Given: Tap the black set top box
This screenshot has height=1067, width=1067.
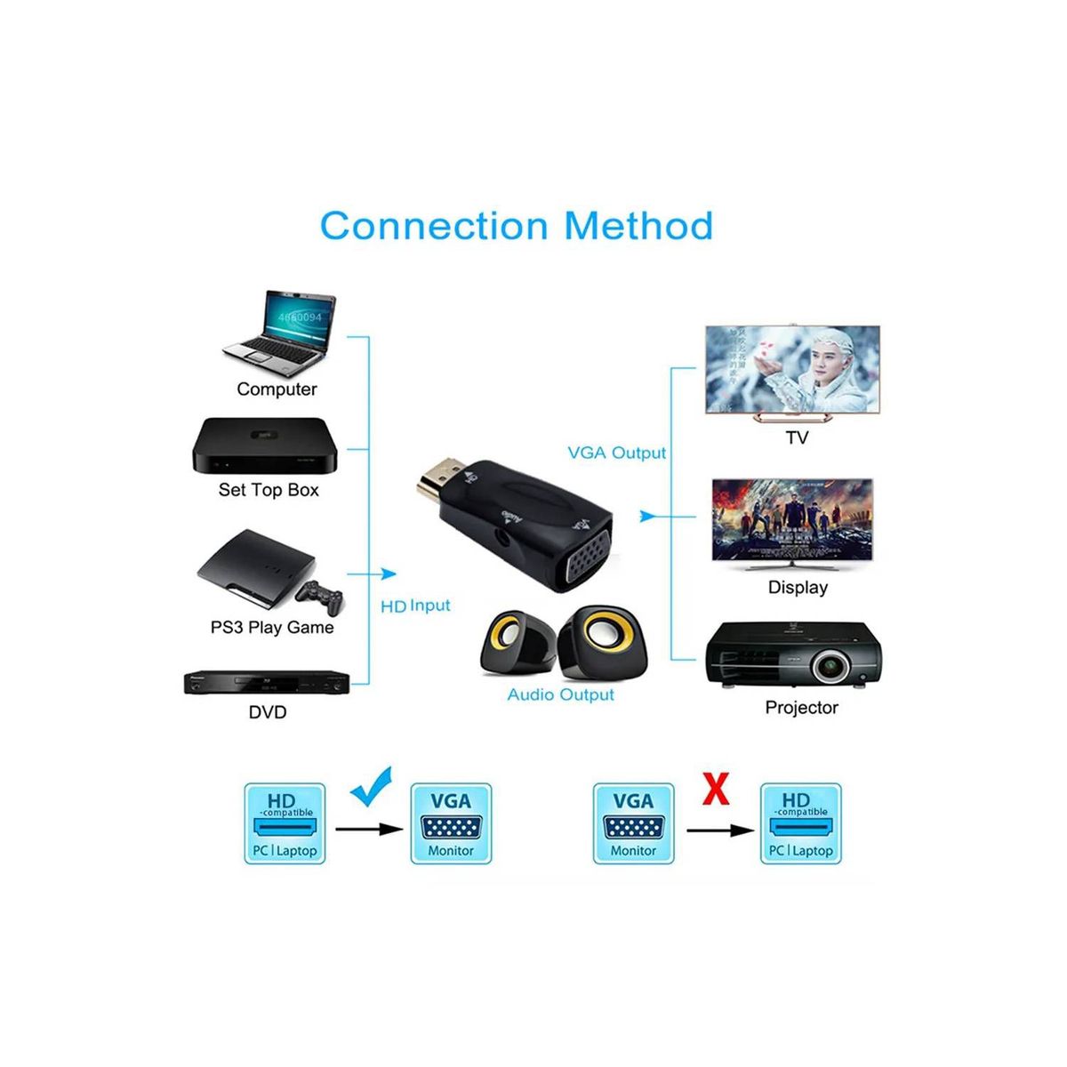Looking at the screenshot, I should (265, 445).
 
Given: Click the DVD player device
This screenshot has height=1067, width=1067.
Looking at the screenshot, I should (265, 682).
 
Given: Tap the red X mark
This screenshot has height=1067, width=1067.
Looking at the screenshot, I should (716, 788).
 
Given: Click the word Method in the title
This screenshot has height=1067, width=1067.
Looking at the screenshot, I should (638, 226).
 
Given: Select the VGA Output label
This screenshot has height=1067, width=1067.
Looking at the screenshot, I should (616, 453).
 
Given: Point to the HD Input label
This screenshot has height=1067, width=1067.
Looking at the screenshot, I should (415, 606).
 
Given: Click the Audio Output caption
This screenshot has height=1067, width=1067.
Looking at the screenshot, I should (560, 694).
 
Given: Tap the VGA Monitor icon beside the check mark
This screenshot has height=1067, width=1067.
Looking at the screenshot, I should (451, 823).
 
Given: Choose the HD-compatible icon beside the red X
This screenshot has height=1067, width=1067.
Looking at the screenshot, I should (800, 823).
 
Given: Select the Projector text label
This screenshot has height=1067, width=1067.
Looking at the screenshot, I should (801, 708).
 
